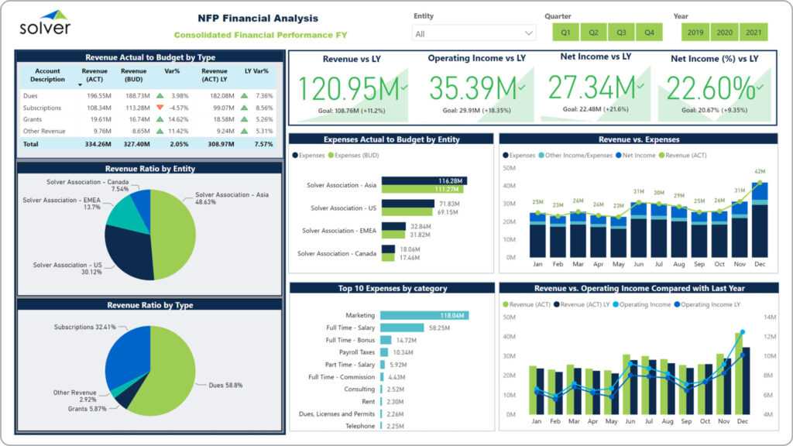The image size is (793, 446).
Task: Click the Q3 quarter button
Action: pyautogui.click(x=621, y=33)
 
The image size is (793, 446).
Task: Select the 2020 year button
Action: pyautogui.click(x=724, y=33)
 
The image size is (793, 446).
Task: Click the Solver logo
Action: pyautogui.click(x=45, y=24)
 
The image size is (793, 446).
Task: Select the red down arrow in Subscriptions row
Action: pyautogui.click(x=160, y=108)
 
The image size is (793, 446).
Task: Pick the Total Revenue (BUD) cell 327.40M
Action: pyautogui.click(x=133, y=144)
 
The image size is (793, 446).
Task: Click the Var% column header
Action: pyautogui.click(x=172, y=71)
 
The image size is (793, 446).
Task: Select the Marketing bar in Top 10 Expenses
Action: pyautogui.click(x=424, y=315)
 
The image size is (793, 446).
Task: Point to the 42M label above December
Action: pyautogui.click(x=760, y=172)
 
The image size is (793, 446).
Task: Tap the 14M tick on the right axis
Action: pyautogui.click(x=770, y=317)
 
